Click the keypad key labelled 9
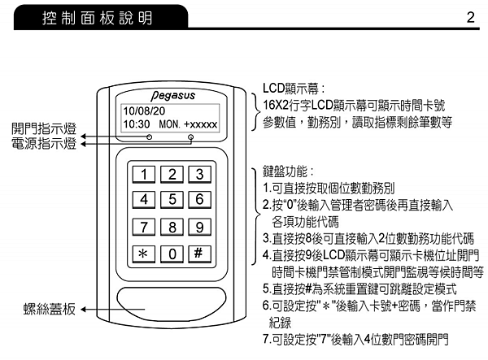point(198,227)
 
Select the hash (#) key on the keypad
point(198,253)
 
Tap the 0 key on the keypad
point(171,254)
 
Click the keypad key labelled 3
point(198,174)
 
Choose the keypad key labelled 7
point(144,227)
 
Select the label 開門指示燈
point(43,129)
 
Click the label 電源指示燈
point(43,144)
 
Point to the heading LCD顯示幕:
point(294,88)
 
